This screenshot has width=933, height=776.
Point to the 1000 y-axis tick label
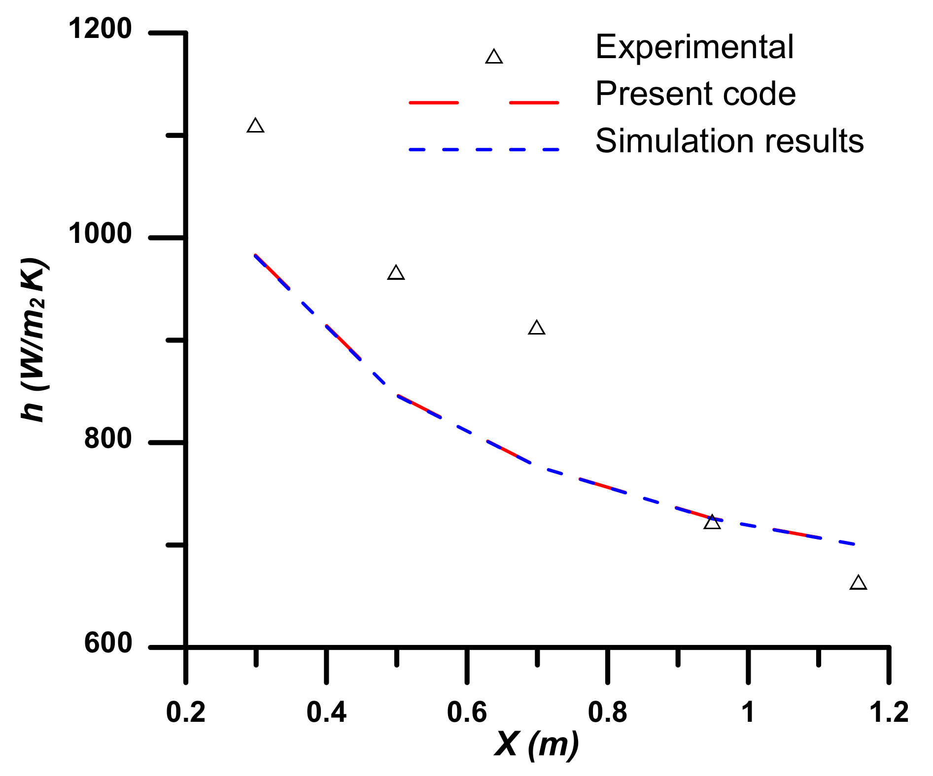(100, 234)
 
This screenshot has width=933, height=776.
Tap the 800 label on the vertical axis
(108, 438)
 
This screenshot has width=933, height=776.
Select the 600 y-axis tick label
(108, 643)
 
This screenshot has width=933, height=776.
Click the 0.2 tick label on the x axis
(186, 712)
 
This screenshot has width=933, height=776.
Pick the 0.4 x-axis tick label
(326, 712)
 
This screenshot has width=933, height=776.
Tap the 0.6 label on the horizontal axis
(467, 712)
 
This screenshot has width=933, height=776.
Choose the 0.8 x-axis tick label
(608, 712)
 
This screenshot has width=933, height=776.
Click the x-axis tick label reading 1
(748, 712)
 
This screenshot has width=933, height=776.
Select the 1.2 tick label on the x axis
(889, 712)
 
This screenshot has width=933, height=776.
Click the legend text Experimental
(694, 47)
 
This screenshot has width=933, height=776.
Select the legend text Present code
(695, 94)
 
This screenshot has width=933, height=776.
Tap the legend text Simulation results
(729, 141)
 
